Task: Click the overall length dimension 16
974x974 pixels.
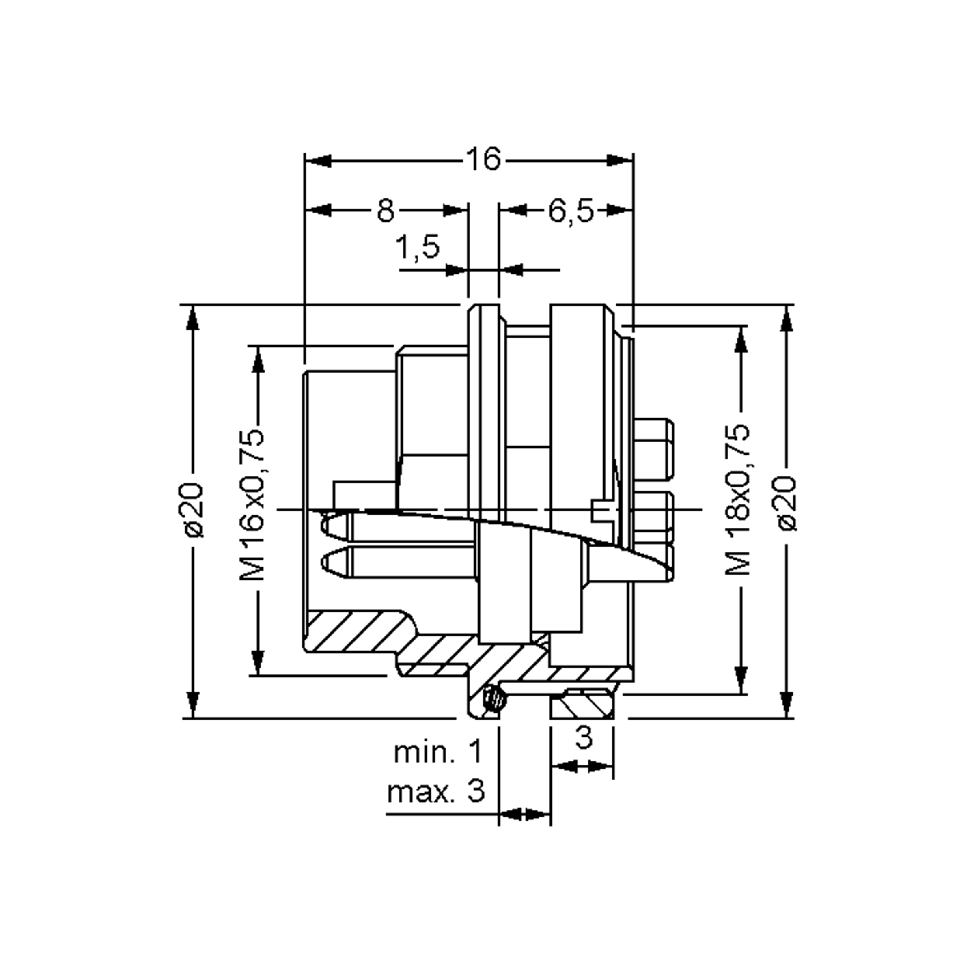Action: point(483,159)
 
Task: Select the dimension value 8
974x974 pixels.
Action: point(386,211)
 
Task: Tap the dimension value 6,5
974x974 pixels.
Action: point(571,211)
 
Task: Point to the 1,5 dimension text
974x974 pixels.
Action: point(418,247)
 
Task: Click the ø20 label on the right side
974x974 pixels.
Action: point(787,504)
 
